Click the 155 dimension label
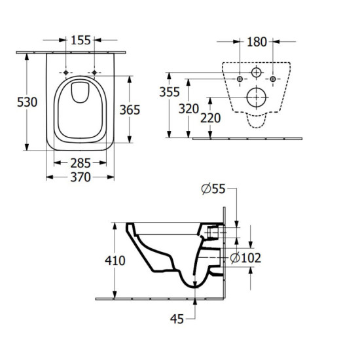81,41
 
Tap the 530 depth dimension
27,102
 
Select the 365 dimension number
130,110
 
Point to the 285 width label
81,164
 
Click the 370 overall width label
81,177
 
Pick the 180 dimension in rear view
257,42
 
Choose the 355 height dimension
170,92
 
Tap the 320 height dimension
189,109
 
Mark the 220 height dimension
211,118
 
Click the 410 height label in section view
115,261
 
